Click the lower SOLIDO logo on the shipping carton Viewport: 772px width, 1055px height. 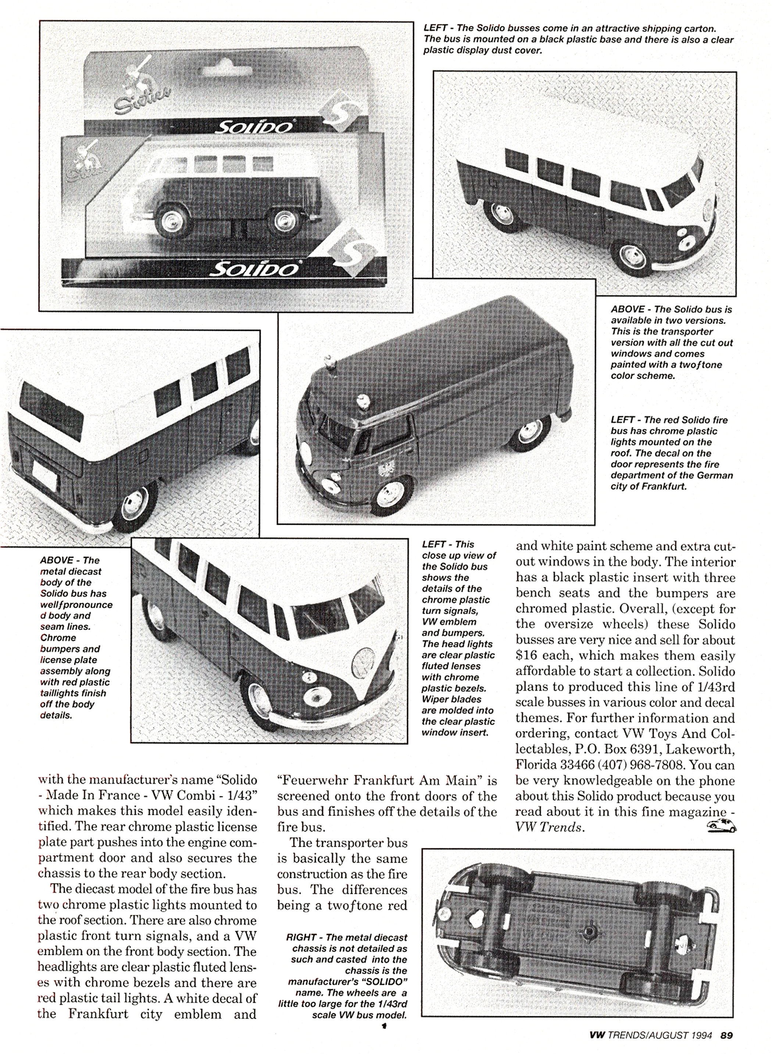255,268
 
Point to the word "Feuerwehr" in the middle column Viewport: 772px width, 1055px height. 312,781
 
